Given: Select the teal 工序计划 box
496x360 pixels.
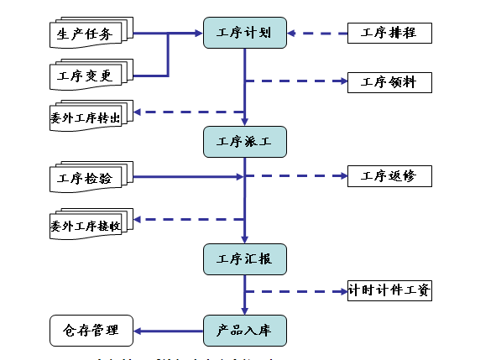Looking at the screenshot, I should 244,34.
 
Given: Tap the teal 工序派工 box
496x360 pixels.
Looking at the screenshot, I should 244,141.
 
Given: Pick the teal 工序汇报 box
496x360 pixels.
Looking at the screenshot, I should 244,258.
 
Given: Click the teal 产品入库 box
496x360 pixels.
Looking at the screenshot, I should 244,330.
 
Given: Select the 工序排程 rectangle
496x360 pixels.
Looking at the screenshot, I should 389,34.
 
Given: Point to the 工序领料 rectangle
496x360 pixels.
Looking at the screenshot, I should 389,81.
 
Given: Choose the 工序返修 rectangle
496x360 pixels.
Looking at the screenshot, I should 389,176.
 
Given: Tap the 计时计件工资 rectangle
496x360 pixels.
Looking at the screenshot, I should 389,291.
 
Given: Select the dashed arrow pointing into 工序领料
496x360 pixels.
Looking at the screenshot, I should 298,81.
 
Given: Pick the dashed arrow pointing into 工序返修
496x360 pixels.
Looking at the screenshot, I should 298,176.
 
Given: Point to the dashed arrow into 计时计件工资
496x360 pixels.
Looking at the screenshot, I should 298,291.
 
